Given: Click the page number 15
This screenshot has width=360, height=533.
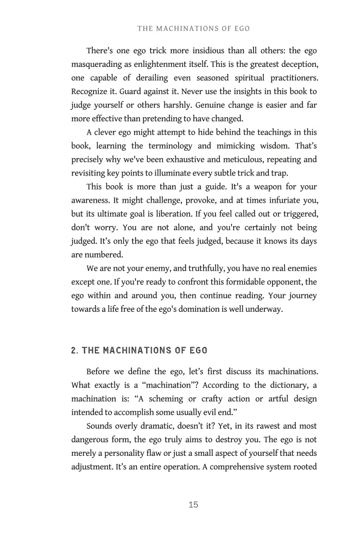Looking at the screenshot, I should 193,505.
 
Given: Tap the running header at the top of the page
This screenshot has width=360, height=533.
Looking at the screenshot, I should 193,28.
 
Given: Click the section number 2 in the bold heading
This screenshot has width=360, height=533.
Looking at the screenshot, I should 74,350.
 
